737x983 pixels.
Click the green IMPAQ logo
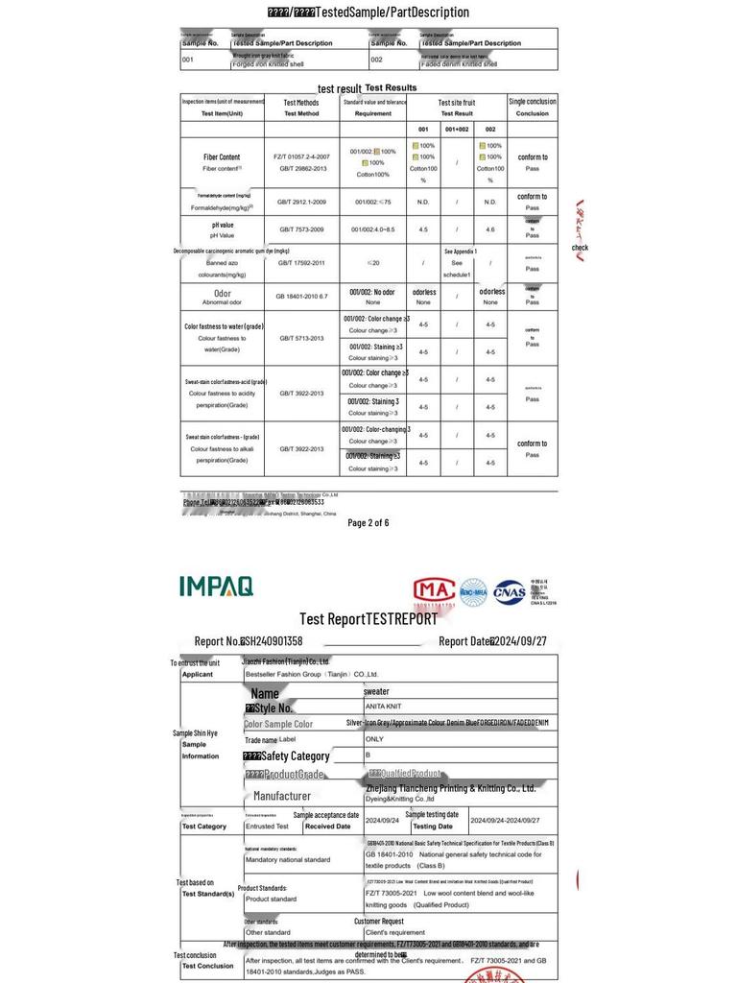216,586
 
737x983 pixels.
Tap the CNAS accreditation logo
510,592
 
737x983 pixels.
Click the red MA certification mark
434,591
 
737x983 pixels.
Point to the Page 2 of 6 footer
368,523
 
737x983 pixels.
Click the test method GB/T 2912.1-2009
301,203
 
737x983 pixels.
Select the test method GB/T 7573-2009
301,229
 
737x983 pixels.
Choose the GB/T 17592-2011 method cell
301,262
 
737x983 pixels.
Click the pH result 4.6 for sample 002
490,229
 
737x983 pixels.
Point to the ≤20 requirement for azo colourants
372,262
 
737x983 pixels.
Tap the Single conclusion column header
533,107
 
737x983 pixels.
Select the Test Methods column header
301,107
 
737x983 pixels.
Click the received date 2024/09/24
382,821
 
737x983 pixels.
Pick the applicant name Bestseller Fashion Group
311,674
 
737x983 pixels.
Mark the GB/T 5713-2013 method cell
301,338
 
